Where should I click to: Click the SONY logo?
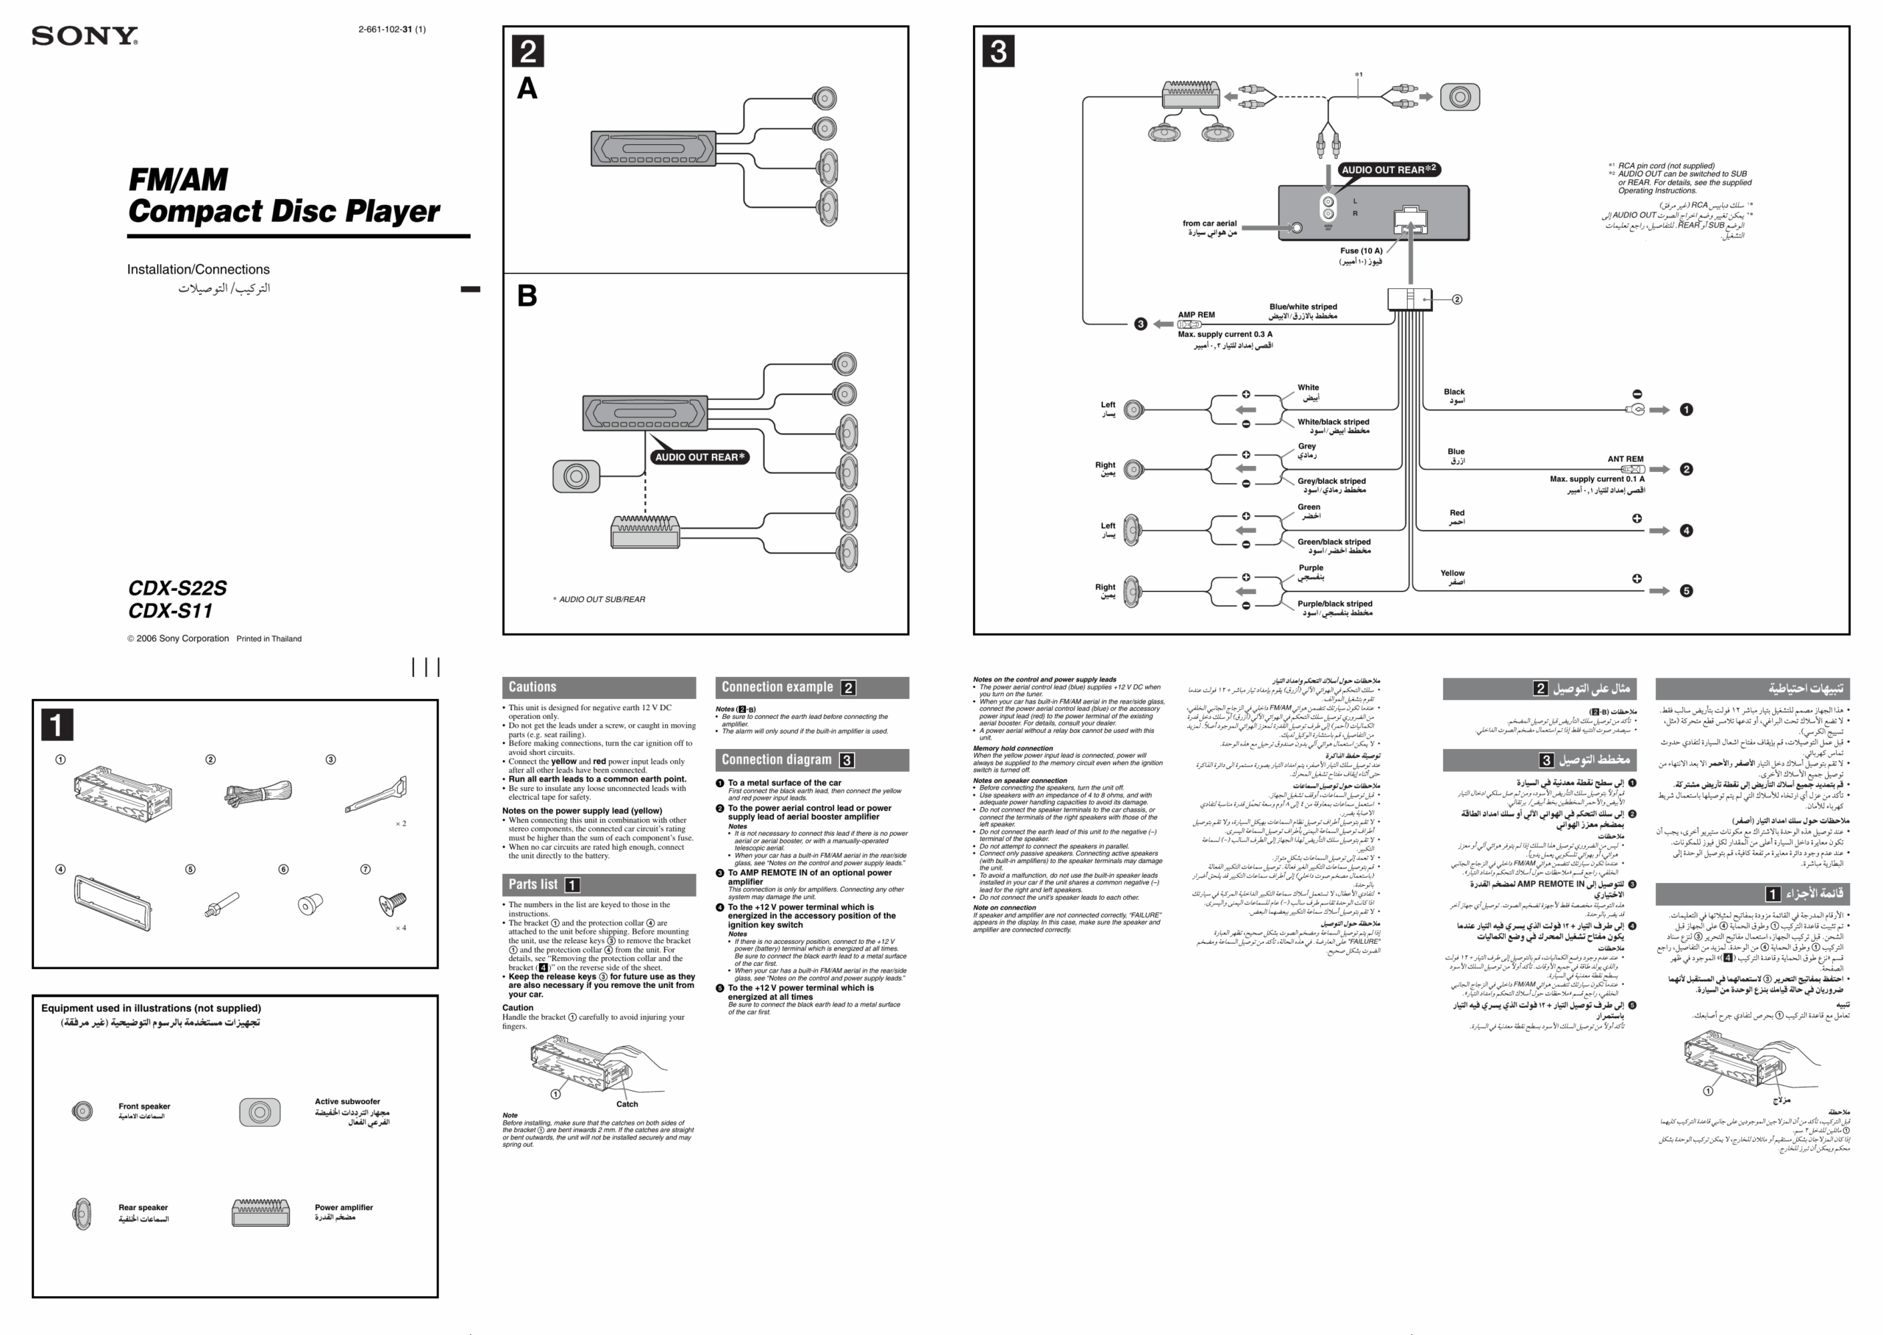point(85,36)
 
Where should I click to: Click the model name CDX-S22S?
point(177,588)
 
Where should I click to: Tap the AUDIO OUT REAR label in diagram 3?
point(1388,169)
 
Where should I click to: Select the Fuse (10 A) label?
point(1361,251)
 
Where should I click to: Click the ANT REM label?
point(1625,459)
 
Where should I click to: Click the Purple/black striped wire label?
point(1334,604)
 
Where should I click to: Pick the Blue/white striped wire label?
point(1303,307)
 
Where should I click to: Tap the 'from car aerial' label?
point(1209,223)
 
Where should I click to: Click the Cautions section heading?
point(532,687)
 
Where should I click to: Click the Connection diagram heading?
point(776,759)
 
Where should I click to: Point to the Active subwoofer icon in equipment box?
point(259,1112)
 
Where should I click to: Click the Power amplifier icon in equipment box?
point(260,1211)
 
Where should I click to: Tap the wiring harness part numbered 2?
point(257,793)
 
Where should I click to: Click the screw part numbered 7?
point(392,903)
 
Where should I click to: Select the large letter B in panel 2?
point(527,296)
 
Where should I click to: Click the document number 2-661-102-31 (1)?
point(391,29)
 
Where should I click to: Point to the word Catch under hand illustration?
point(627,1104)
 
